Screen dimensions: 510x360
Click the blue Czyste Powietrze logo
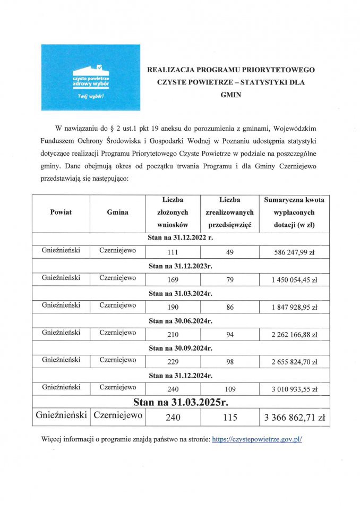tap(91, 78)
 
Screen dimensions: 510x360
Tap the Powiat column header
tap(61, 212)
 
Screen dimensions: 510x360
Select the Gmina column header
tap(117, 212)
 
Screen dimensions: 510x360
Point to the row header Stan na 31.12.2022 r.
tap(181, 237)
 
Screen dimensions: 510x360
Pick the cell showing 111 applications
tap(172, 252)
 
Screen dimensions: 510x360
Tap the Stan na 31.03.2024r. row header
tap(181, 293)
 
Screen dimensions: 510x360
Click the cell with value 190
tap(172, 307)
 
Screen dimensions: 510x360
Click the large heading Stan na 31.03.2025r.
tap(181, 402)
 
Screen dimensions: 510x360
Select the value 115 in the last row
tap(230, 418)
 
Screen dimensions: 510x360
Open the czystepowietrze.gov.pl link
tap(256, 440)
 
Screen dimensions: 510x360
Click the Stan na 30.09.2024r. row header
tap(181, 348)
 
